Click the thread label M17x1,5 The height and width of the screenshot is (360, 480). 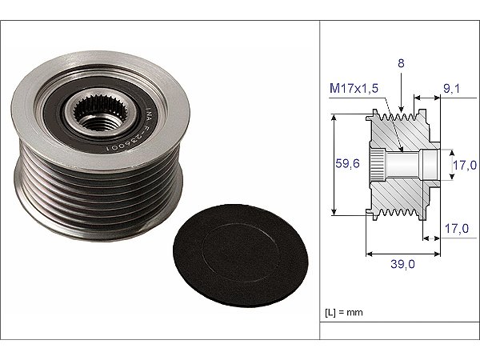354,88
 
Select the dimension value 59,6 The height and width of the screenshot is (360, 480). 347,163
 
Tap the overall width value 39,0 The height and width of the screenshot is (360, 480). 403,263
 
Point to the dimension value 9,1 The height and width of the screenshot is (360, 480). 451,89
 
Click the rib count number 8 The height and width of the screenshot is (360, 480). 401,63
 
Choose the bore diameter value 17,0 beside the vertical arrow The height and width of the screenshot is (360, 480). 465,166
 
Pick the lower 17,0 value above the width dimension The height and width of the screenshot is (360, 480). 457,228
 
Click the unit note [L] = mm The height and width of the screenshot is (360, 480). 344,313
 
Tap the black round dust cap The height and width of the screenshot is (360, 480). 241,256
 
